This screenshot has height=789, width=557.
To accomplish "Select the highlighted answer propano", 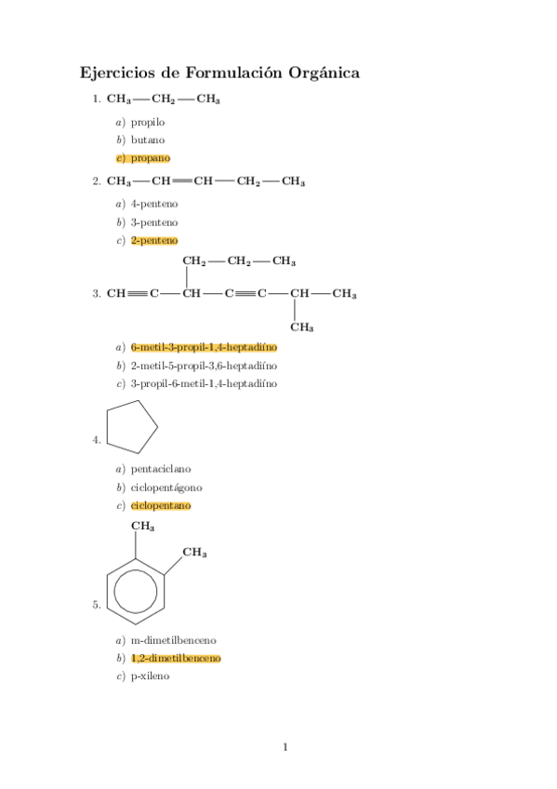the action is coord(150,158).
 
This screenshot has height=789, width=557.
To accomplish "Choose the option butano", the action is coord(148,140).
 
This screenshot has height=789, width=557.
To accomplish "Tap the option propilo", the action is coord(148,121).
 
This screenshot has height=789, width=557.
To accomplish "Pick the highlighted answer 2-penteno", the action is coord(154,241).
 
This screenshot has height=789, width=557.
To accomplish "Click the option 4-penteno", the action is coord(154,203).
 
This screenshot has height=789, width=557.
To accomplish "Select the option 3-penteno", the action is coord(154,222).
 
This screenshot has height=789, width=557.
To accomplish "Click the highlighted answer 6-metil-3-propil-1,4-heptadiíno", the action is coord(204,346).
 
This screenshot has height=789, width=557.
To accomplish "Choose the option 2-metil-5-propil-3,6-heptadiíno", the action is coord(204,365).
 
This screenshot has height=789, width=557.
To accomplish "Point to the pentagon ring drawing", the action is coord(132,426).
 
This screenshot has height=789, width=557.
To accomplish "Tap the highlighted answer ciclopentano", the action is coord(161,505).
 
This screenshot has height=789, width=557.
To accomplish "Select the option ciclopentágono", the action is coord(166,487).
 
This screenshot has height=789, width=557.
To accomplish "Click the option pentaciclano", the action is coord(161,468).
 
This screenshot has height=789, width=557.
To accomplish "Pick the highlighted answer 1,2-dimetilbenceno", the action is coord(176,658).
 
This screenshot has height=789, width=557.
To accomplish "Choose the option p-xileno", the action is coord(150,676).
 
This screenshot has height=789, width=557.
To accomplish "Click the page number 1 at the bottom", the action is coord(285,746).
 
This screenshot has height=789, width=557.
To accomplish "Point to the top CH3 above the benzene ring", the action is coord(142,527).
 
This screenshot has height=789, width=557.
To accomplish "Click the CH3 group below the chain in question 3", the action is coord(301,327).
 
